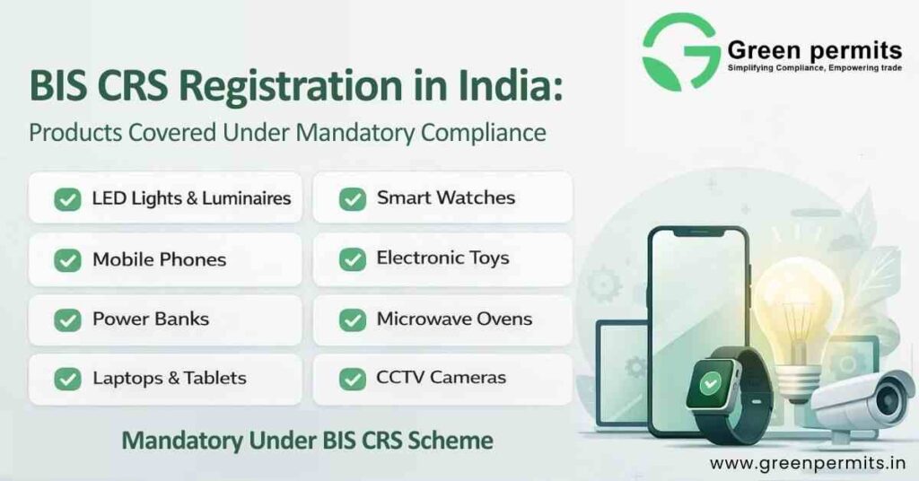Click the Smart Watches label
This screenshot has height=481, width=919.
445,198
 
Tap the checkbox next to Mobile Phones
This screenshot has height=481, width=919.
67,260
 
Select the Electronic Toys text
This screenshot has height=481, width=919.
442,258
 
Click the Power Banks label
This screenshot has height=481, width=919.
150,319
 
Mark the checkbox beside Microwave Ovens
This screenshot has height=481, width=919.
352,319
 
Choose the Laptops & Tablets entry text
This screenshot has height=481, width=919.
169,378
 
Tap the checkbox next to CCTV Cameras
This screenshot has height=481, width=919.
352,379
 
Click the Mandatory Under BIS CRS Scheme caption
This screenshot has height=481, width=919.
307,441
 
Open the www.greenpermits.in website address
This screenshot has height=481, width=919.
807,463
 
